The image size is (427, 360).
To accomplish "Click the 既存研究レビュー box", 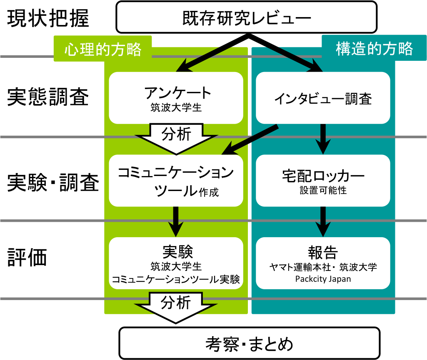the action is pyautogui.click(x=247, y=17).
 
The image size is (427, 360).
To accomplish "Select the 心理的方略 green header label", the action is pyautogui.click(x=102, y=49).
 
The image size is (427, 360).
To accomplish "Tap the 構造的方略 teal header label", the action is pyautogui.click(x=374, y=48).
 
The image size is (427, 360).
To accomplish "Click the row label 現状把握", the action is pyautogui.click(x=48, y=18).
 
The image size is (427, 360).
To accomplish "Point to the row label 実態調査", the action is pyautogui.click(x=48, y=97).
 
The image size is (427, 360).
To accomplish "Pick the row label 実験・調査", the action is pyautogui.click(x=53, y=182).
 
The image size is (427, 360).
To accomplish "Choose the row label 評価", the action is pyautogui.click(x=27, y=257).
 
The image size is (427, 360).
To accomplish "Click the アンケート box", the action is pyautogui.click(x=176, y=98).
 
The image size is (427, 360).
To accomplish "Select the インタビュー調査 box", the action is pyautogui.click(x=323, y=98).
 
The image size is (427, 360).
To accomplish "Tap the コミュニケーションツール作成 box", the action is pyautogui.click(x=176, y=181).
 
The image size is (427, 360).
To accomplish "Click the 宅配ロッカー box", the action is pyautogui.click(x=323, y=181).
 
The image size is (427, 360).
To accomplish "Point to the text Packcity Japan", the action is pyautogui.click(x=323, y=279).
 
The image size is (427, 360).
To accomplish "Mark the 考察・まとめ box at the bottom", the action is pyautogui.click(x=249, y=343).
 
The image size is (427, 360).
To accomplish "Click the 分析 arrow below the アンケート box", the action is pyautogui.click(x=176, y=139).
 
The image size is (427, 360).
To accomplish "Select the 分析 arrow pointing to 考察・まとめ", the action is pyautogui.click(x=176, y=308).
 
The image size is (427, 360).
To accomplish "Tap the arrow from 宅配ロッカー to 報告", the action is pyautogui.click(x=323, y=222).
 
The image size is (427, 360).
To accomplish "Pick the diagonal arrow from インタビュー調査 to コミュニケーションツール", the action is pyautogui.click(x=250, y=140).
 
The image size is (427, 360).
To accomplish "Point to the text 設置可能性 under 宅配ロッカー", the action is pyautogui.click(x=323, y=190).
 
